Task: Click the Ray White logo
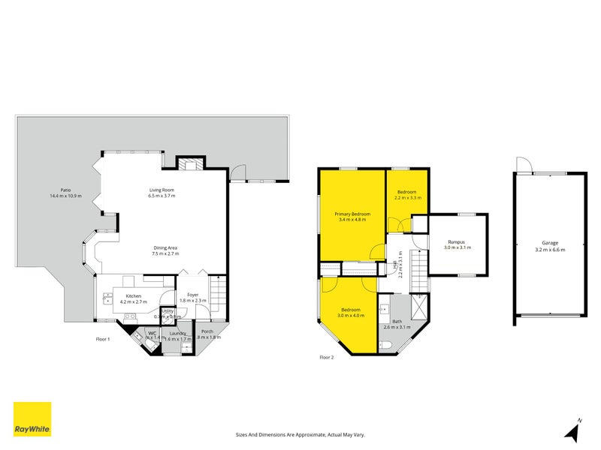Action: click(32, 419)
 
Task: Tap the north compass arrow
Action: click(573, 430)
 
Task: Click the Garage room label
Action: click(550, 243)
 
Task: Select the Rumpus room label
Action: click(456, 241)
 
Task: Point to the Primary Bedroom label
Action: click(352, 214)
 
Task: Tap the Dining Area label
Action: click(164, 248)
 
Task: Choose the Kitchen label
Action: click(134, 296)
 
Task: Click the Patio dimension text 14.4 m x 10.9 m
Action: click(65, 196)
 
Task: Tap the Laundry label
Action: click(177, 333)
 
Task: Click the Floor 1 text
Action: click(103, 340)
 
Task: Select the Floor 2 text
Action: click(326, 357)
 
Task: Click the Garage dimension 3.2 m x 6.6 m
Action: click(550, 249)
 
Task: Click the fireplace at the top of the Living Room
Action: click(189, 164)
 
